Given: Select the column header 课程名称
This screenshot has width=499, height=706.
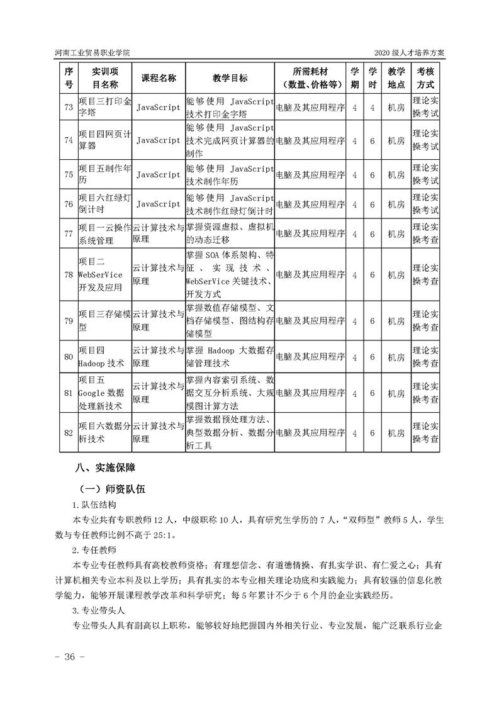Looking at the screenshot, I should click(x=158, y=78).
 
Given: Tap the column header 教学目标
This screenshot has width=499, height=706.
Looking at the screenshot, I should click(x=230, y=78).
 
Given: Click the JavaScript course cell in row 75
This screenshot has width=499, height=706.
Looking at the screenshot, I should click(x=158, y=174).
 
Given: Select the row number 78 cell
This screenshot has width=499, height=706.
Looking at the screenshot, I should click(x=69, y=275).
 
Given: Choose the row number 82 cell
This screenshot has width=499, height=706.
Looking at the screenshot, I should click(x=69, y=433).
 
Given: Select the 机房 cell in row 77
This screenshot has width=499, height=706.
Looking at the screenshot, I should click(x=396, y=233).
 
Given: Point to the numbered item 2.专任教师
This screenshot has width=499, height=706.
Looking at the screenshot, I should click(x=94, y=549).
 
